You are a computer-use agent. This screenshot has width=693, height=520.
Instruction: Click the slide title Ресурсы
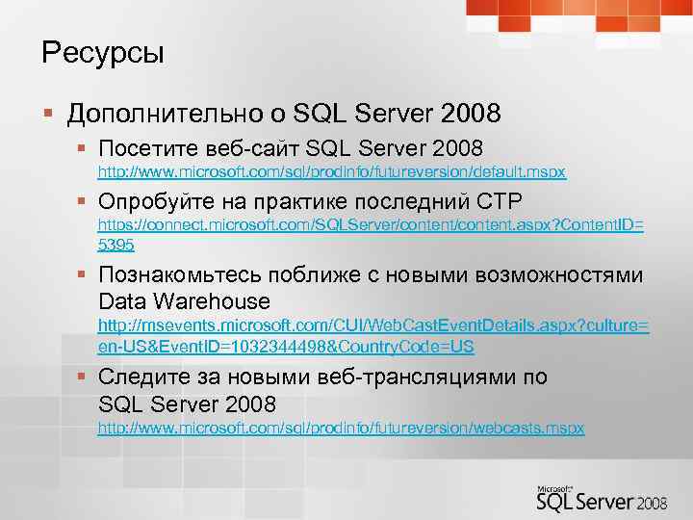tap(103, 53)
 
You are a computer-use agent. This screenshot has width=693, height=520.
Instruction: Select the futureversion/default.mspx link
tap(332, 171)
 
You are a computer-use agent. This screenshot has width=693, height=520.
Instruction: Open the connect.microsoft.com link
tap(371, 224)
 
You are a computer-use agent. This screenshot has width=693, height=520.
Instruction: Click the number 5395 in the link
tap(117, 245)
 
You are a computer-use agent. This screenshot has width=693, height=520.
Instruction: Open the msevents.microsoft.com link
tap(372, 326)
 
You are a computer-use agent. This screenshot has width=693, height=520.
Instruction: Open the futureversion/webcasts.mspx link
tap(341, 427)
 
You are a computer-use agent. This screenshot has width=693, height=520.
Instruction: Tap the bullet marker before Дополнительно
tap(47, 116)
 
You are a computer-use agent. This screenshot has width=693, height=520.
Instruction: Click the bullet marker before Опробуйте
tap(84, 202)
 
